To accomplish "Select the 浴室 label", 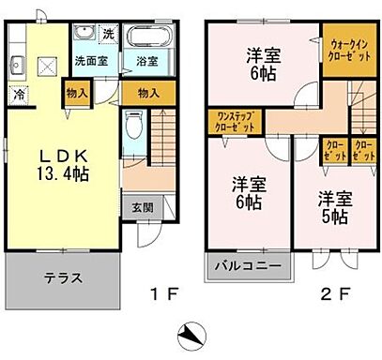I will click(145, 62).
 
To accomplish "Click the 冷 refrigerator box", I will click(18, 94).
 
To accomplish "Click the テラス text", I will click(64, 278).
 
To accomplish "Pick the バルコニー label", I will click(248, 266).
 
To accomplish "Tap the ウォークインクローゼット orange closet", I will click(349, 48).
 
